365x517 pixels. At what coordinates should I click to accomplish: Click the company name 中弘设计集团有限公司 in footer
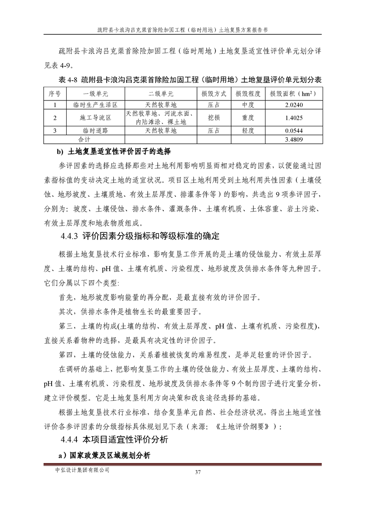pyautogui.click(x=82, y=470)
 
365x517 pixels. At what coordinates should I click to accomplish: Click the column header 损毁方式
pyautogui.click(x=214, y=94)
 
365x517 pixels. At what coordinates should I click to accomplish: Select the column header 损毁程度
pyautogui.click(x=248, y=94)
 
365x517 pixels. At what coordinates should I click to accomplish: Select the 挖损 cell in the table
pyautogui.click(x=214, y=117)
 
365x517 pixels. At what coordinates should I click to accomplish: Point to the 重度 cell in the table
pyautogui.click(x=248, y=117)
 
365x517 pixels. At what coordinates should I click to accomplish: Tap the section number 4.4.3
pyautogui.click(x=70, y=237)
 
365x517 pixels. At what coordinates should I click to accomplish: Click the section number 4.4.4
pyautogui.click(x=70, y=440)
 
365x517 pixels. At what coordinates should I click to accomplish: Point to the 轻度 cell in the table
pyautogui.click(x=248, y=131)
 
